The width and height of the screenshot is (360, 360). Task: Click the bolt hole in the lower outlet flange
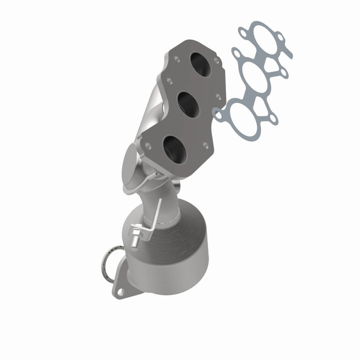pos(120,290)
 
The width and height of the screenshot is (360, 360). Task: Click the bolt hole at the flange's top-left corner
pos(176,58)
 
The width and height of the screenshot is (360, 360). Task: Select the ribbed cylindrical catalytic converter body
pos(170,250)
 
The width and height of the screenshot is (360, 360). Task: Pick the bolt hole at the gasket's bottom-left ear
pos(218,115)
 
